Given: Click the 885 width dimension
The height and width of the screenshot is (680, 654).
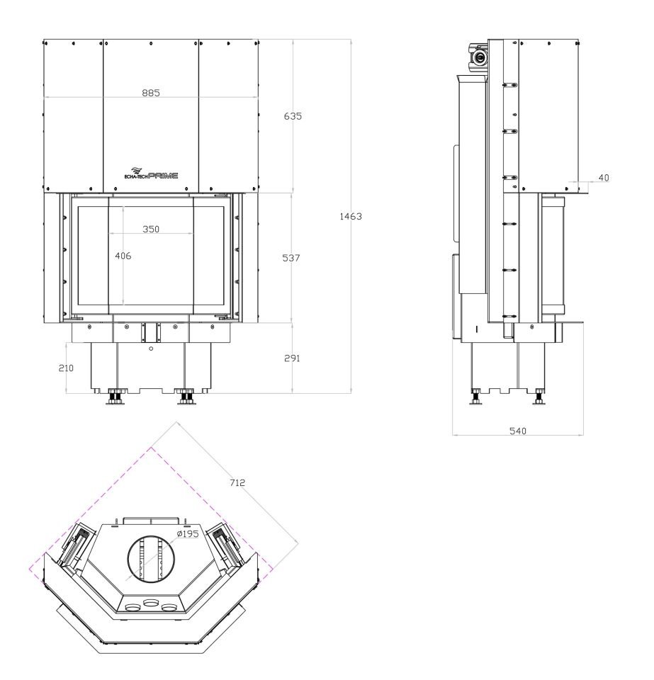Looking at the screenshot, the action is tap(151, 93).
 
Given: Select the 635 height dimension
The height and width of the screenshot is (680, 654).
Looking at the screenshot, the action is tap(293, 116).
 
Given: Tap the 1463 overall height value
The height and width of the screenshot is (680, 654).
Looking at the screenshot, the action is tap(351, 217).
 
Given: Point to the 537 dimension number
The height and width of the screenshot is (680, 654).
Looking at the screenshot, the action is tap(291, 258).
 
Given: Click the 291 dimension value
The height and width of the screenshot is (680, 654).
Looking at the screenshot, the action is tap(292, 358).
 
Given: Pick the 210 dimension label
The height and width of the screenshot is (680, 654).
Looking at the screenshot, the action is tap(66, 368).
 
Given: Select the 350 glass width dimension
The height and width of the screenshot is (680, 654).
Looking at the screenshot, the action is tap(151, 229).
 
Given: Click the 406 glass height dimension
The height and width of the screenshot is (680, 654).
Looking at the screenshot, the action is tap(123, 256).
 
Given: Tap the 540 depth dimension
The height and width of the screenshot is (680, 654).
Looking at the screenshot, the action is tap(518, 431).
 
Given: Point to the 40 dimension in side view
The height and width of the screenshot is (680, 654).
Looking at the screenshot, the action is tap(604, 178).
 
